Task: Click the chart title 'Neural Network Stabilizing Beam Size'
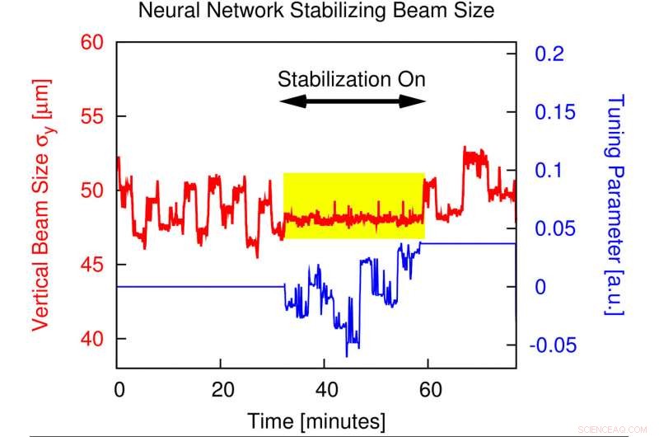point(316,12)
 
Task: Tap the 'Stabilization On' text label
point(352,80)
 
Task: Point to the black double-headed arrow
point(352,101)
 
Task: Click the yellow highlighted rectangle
point(353,205)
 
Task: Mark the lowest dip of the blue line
point(348,355)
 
